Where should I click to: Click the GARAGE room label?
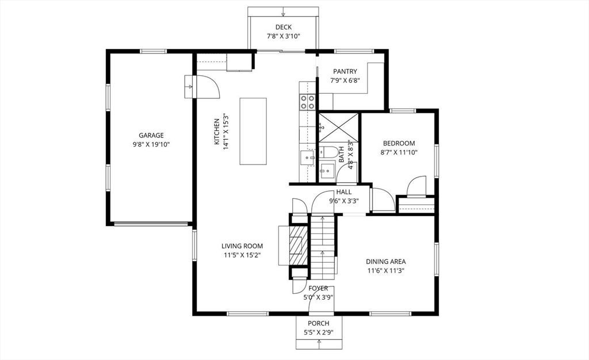point(151,136)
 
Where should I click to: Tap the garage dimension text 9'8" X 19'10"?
point(151,144)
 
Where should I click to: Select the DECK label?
point(283,27)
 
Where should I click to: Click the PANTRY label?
point(345,71)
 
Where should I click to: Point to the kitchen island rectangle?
point(253,131)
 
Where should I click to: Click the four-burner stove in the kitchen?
point(307,102)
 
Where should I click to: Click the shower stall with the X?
point(338,128)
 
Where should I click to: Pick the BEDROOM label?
point(399,143)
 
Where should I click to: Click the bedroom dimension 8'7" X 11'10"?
point(399,152)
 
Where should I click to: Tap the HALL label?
point(344,192)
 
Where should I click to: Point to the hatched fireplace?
point(299,246)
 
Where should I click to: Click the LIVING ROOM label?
point(242,246)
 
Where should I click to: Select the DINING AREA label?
point(386,262)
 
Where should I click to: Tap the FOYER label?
point(318,288)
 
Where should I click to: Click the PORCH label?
point(319,323)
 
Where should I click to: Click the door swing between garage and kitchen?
point(206,87)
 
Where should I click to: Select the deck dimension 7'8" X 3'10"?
point(283,36)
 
